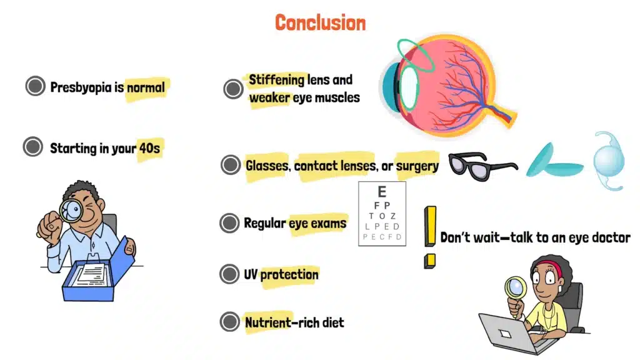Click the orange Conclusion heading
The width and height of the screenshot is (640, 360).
(320, 22)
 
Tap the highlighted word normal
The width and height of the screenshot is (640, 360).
(146, 87)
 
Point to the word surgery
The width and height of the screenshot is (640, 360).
(417, 166)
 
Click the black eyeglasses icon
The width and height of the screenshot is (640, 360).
(481, 165)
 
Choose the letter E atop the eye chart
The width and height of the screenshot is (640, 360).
(382, 192)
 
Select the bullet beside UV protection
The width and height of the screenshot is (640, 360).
(230, 274)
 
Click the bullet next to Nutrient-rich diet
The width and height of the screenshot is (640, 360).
(230, 322)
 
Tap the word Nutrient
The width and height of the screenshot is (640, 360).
(267, 322)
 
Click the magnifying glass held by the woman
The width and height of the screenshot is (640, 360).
(516, 289)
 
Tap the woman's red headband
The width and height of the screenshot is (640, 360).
(547, 265)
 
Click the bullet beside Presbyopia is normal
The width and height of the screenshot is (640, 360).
(35, 86)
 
